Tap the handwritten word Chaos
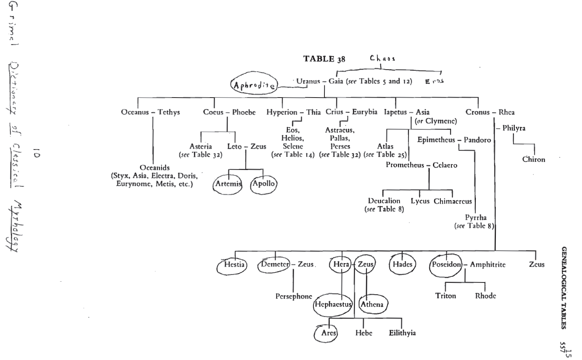[x=382, y=58]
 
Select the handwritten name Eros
[x=434, y=81]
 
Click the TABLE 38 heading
[x=324, y=59]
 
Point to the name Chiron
[x=534, y=159]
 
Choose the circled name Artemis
[x=228, y=184]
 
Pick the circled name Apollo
[x=263, y=183]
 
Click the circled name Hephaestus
[x=333, y=304]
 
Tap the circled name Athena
[x=372, y=304]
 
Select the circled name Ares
[x=328, y=333]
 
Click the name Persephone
[x=294, y=296]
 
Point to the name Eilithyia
[x=402, y=333]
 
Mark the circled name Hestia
[x=234, y=264]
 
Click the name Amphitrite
[x=488, y=265]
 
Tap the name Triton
[x=446, y=296]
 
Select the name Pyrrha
[x=476, y=218]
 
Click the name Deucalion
[x=384, y=201]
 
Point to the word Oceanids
[x=155, y=168]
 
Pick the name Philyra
[x=514, y=128]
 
